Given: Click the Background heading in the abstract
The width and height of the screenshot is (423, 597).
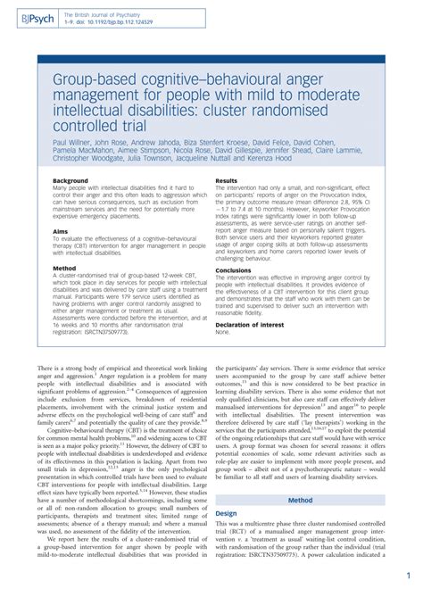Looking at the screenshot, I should pos(70,180).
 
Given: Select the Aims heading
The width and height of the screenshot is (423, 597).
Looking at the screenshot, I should pos(61,228).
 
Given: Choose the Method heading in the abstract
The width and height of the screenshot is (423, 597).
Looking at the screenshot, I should pos(63,266).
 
